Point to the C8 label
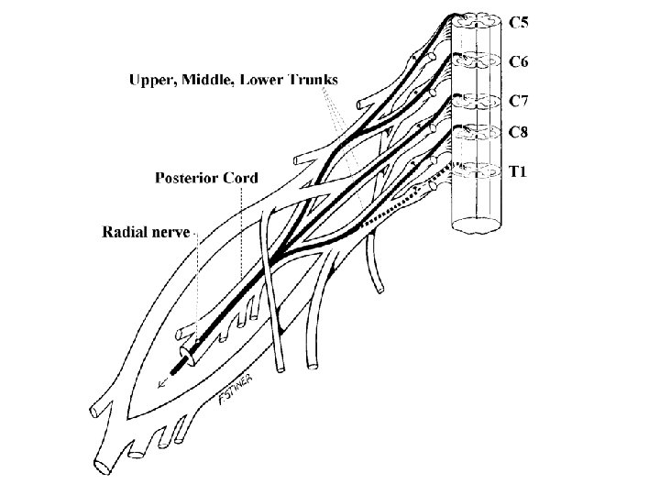coord(518,131)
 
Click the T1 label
coord(518,170)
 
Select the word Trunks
coord(313,81)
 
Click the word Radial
coord(125,232)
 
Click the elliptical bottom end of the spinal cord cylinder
coord(478,225)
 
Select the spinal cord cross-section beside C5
coord(478,20)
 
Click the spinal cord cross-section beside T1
coord(478,169)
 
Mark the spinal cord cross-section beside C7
coord(478,99)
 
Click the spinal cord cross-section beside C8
coord(478,131)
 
